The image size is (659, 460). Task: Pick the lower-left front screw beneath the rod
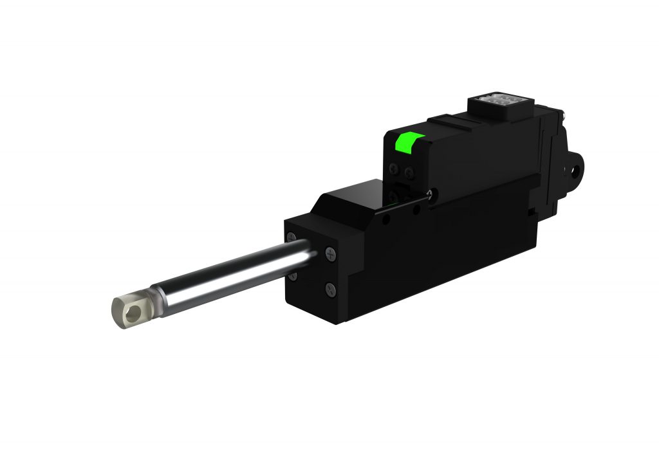[293, 275]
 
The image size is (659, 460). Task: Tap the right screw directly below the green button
[409, 171]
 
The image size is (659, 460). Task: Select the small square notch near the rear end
[530, 210]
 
